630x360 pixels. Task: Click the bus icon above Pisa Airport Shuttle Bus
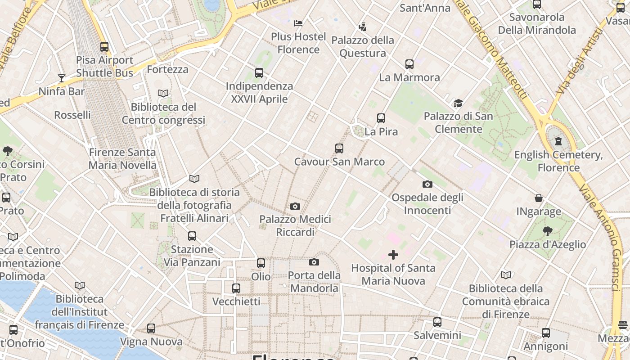coord(104,47)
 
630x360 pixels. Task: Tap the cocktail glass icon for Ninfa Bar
coord(62,78)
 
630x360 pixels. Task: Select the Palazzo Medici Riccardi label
coord(295,225)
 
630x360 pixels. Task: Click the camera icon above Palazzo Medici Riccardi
coord(295,207)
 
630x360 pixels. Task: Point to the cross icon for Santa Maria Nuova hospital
coord(393,255)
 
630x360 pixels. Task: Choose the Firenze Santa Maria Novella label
coord(122,159)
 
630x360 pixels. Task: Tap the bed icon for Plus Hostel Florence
coord(298,23)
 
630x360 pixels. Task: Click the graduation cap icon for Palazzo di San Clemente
coord(458,103)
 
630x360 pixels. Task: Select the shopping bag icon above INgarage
coord(539,198)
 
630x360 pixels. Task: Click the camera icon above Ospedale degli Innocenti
coord(427,184)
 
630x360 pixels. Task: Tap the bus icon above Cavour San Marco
coord(339,148)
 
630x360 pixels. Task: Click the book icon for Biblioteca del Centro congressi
coord(163,94)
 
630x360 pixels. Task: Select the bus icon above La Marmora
coord(409,64)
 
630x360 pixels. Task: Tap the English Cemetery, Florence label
coord(558,161)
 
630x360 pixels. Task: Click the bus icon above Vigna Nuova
coord(151,329)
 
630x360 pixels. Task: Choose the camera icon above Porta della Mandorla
coord(314,262)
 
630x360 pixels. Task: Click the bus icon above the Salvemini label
coord(437,322)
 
